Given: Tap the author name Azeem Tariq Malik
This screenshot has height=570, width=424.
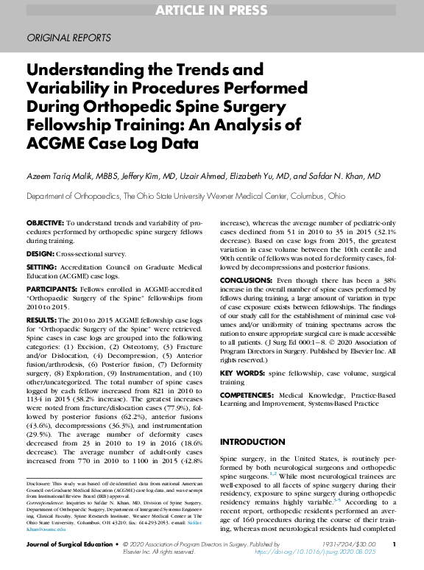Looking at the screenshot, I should [57, 177].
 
